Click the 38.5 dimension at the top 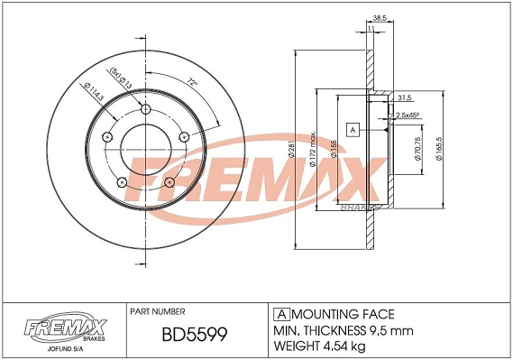click(379, 18)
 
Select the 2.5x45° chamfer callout click(408, 115)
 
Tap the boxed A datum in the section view click(353, 130)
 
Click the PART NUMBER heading click(158, 311)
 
